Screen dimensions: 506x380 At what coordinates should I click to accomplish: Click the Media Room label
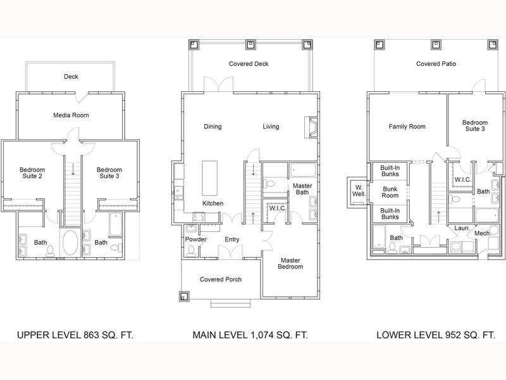pyautogui.click(x=71, y=115)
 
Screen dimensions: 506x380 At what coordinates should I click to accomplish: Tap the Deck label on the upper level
pyautogui.click(x=71, y=77)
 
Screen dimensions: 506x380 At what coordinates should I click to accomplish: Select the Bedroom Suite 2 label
pyautogui.click(x=32, y=173)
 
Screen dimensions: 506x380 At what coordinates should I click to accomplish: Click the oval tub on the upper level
pyautogui.click(x=70, y=243)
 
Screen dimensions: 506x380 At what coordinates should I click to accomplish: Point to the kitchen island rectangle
pyautogui.click(x=210, y=178)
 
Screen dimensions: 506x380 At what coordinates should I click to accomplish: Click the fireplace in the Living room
pyautogui.click(x=311, y=128)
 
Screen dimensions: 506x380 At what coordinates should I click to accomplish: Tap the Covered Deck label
pyautogui.click(x=249, y=64)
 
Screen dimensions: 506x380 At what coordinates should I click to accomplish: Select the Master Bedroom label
pyautogui.click(x=290, y=263)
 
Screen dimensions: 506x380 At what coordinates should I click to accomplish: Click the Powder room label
pyautogui.click(x=195, y=239)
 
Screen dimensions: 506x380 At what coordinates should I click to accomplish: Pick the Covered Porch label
pyautogui.click(x=221, y=279)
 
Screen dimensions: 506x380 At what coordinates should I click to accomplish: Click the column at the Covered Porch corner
pyautogui.click(x=185, y=296)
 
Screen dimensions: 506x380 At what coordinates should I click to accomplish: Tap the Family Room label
pyautogui.click(x=407, y=127)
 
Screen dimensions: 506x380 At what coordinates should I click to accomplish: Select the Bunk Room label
pyautogui.click(x=390, y=193)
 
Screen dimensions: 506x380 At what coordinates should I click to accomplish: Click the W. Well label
pyautogui.click(x=359, y=191)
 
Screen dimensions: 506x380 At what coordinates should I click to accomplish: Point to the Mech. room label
pyautogui.click(x=483, y=233)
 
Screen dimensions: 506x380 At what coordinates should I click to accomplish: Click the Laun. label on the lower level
pyautogui.click(x=462, y=228)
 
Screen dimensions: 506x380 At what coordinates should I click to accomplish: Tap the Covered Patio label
pyautogui.click(x=436, y=64)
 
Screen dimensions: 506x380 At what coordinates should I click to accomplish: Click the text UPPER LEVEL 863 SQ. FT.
pyautogui.click(x=75, y=335)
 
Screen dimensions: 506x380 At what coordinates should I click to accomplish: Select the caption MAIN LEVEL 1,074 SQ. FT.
pyautogui.click(x=250, y=335)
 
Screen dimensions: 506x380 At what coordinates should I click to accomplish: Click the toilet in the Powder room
pyautogui.click(x=191, y=251)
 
